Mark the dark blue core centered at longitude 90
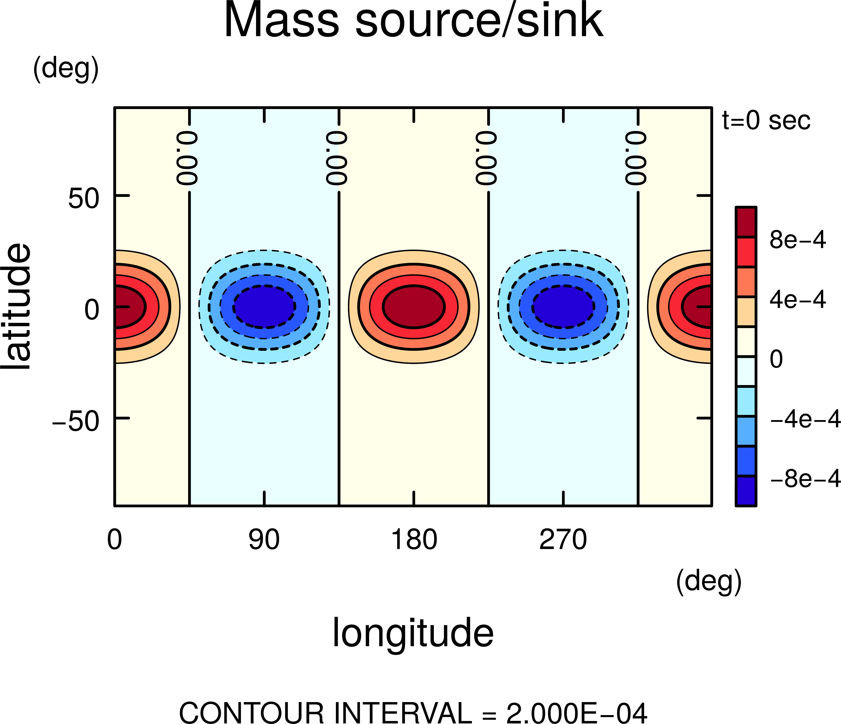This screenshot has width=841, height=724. coord(264,307)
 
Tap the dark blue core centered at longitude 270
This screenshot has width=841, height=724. coord(563,307)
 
